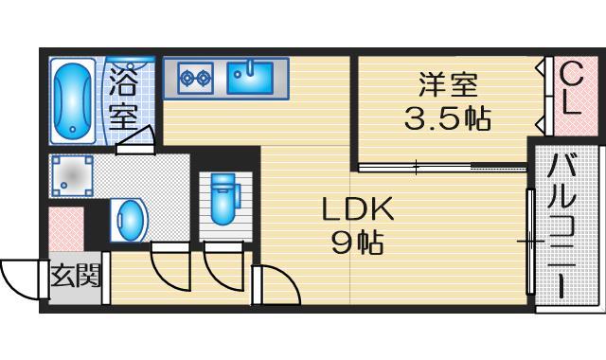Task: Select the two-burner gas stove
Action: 195,78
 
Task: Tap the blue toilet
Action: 223,198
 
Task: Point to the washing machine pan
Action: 72,175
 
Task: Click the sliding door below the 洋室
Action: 440,169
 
